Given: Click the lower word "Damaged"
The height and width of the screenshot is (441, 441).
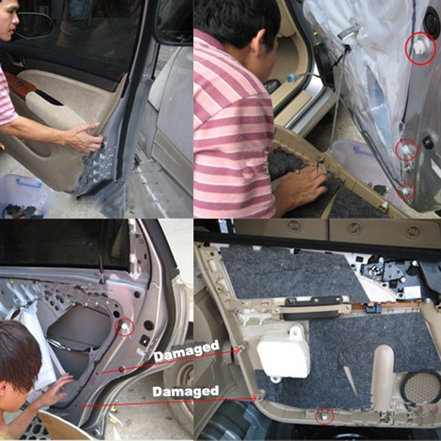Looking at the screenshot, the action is pos(185,391).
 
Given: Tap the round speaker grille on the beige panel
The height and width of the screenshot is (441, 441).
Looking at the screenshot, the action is pos(421,387).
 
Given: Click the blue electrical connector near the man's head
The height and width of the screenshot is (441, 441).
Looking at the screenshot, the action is pos(292,78).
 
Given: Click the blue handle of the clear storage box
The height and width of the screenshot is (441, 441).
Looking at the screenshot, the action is pos(29,183).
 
